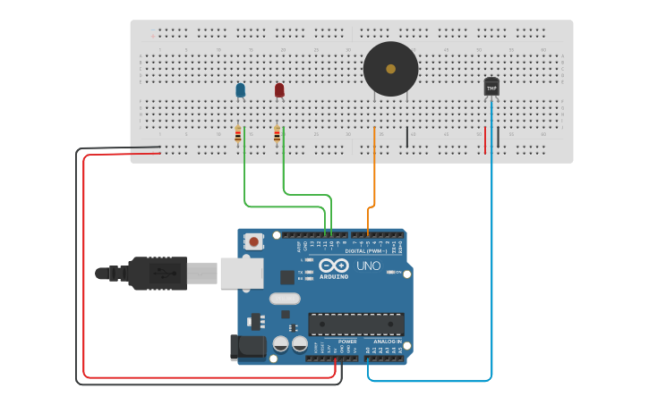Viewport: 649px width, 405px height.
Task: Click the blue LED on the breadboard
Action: click(240, 89)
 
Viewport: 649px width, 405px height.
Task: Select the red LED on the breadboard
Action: click(279, 89)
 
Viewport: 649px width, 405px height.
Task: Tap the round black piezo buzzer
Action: click(390, 69)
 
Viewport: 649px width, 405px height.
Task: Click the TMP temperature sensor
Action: click(491, 86)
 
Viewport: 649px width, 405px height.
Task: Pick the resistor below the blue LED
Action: click(238, 134)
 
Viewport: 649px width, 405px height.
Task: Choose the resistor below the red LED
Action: click(277, 134)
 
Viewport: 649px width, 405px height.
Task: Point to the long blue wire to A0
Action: click(491, 268)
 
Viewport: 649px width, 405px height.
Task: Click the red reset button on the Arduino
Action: click(255, 241)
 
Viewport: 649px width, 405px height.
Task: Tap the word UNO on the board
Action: click(370, 266)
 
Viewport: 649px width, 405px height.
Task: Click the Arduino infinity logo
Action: click(333, 266)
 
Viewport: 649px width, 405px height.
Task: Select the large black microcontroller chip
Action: click(355, 324)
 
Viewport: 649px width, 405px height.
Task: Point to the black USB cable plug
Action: click(157, 274)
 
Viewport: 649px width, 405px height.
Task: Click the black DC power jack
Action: click(247, 348)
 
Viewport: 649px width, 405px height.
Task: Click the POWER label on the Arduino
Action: click(347, 342)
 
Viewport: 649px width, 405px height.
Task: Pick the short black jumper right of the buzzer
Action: click(407, 137)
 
